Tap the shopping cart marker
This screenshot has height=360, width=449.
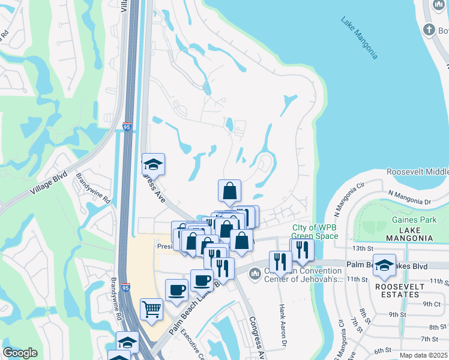click(152, 310)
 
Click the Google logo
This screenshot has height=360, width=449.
click(20, 353)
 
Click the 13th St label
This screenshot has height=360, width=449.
click(359, 248)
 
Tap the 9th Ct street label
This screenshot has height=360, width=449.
click(432, 304)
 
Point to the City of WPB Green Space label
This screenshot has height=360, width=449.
click(315, 232)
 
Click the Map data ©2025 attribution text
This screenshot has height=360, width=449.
click(424, 355)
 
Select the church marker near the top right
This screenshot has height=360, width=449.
click(429, 29)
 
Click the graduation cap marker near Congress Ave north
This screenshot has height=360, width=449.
click(153, 164)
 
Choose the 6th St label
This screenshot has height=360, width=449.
click(382, 350)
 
